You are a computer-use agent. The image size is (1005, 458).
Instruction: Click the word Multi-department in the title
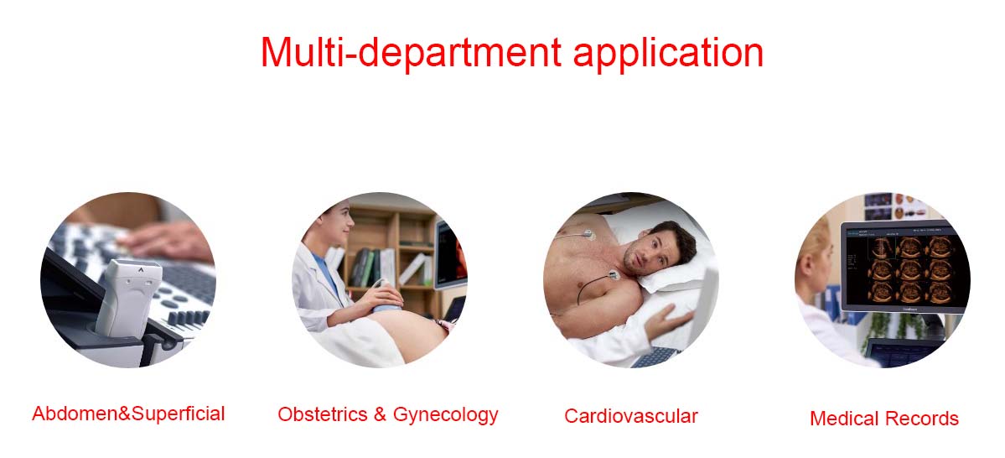point(411,52)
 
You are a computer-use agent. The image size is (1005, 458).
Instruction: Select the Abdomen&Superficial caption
point(128,414)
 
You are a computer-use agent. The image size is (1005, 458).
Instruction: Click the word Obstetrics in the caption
point(323,414)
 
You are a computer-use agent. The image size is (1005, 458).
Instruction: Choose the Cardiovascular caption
point(630,416)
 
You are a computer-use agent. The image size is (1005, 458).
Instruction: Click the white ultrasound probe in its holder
point(128,296)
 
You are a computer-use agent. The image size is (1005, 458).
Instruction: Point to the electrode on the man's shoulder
point(614,277)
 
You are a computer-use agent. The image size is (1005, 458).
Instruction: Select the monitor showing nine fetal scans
point(904,267)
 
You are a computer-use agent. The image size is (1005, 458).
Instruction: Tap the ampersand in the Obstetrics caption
point(380,415)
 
